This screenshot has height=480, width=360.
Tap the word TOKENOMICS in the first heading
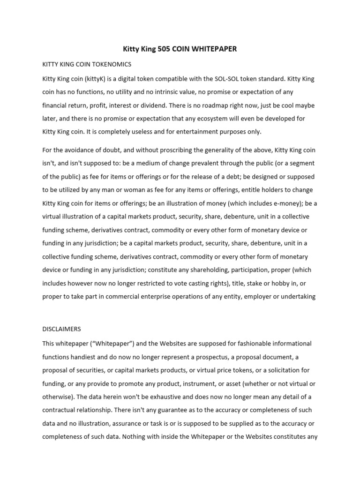click(111, 64)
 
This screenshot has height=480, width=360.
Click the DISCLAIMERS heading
click(61, 329)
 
